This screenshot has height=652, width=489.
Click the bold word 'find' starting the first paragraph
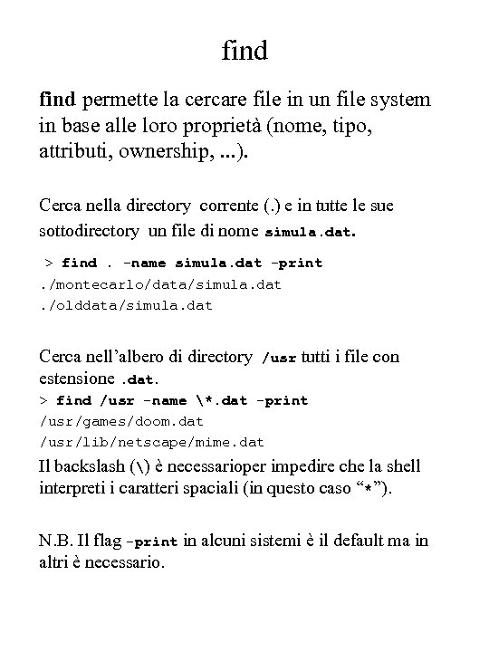[x=59, y=100]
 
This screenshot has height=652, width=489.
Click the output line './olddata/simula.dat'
[x=127, y=304]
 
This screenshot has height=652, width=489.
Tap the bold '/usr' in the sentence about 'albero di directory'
[x=278, y=358]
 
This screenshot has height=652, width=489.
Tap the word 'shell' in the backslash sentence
[x=401, y=466]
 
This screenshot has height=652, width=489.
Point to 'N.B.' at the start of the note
[x=59, y=541]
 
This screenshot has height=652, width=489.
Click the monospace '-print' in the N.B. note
[x=152, y=542]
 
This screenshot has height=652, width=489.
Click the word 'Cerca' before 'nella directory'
[x=62, y=206]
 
